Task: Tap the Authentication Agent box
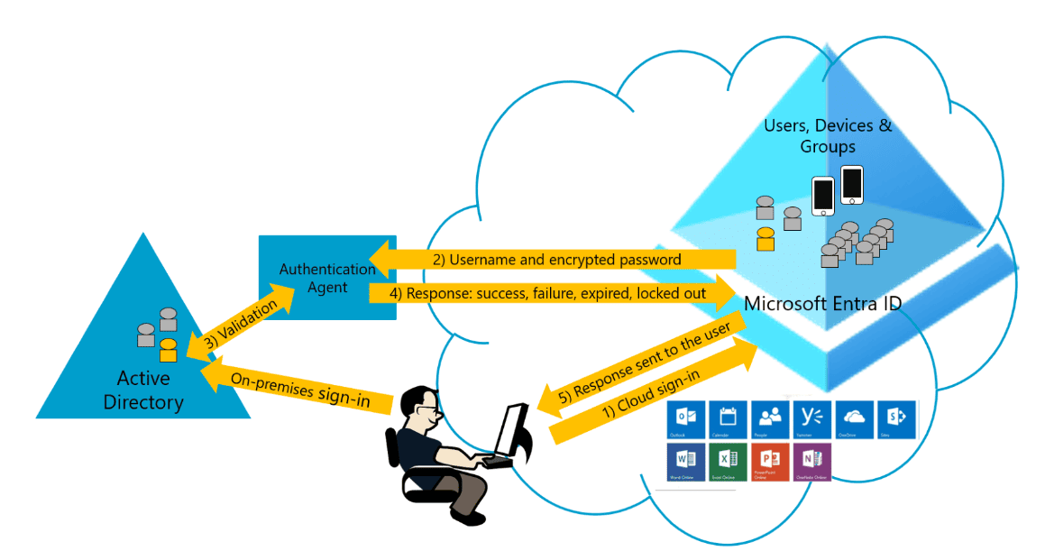point(326,277)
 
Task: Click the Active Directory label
point(143,389)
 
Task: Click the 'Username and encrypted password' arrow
point(555,260)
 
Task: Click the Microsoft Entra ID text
point(821,304)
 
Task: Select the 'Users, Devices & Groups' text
point(828,135)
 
